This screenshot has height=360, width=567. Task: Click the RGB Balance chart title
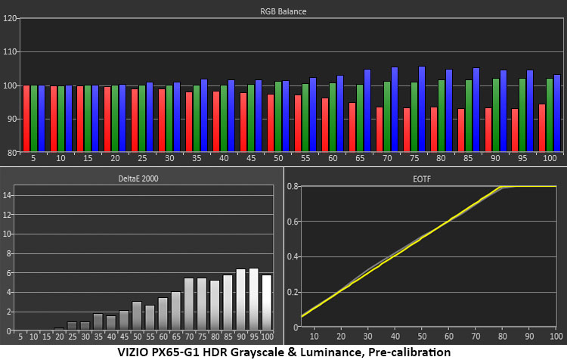tap(290, 11)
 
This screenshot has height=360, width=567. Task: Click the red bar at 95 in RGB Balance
tap(515, 129)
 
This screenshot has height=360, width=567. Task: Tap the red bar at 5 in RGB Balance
tap(26, 118)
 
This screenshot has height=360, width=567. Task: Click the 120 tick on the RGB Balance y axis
tap(10, 19)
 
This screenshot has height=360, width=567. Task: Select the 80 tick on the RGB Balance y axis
tap(10, 152)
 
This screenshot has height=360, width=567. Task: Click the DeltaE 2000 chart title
tap(141, 178)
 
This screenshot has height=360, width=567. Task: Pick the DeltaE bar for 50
tap(137, 316)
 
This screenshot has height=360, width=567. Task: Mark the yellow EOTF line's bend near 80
tap(500, 187)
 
